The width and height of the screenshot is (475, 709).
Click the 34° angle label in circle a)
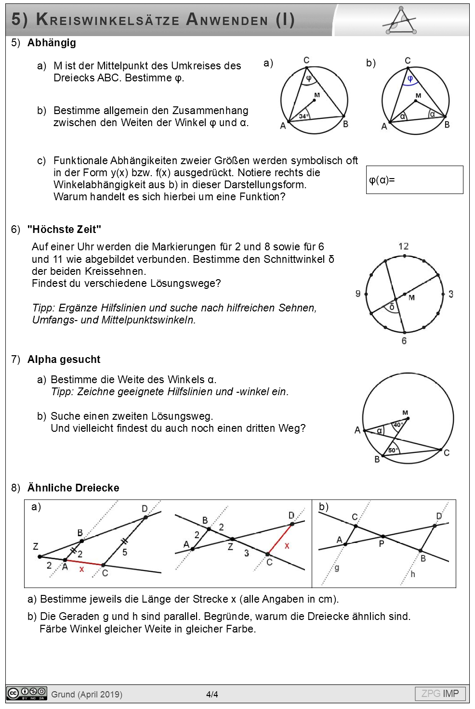pos(303,116)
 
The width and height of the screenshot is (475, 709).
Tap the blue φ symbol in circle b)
pos(410,79)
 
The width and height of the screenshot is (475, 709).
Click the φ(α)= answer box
pos(414,180)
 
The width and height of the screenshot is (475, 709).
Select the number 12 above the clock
pos(404,246)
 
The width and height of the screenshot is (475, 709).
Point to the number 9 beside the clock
pos(358,294)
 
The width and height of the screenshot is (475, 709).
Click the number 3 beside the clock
pos(450,294)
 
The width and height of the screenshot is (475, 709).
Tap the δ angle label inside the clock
pos(392,307)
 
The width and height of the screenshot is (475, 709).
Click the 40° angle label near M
pos(398,425)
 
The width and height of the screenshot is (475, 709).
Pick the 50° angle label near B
pos(393,450)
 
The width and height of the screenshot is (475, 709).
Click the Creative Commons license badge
pos(26,694)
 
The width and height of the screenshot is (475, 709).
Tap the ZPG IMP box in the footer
pos(440,694)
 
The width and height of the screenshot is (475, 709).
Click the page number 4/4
pos(212,695)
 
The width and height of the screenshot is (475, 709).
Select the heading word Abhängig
pos(52,43)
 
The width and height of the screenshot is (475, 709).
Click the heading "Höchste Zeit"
pos(64,230)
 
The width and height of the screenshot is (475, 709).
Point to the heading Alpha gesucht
pos(64,360)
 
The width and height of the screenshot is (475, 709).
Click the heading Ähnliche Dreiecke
pos(73,488)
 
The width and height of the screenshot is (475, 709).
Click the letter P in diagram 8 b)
pos(382,544)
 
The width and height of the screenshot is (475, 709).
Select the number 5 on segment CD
pos(125,552)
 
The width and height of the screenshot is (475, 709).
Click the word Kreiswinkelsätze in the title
pos(108,20)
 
